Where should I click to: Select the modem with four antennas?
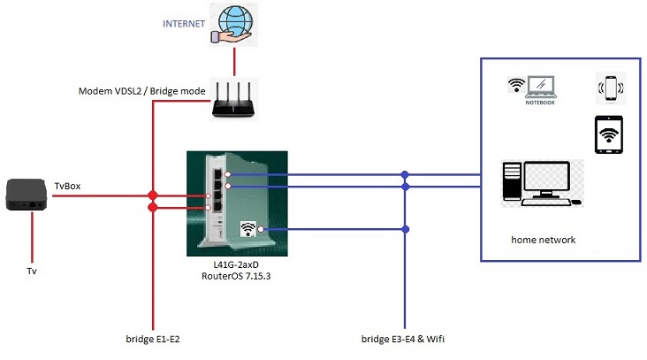click(x=233, y=100)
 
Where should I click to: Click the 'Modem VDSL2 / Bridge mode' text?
click(x=141, y=91)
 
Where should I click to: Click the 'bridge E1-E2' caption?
click(x=153, y=339)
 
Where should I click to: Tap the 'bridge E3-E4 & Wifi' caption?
click(x=406, y=339)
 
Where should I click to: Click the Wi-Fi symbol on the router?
click(x=249, y=230)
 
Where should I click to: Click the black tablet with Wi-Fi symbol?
click(x=608, y=135)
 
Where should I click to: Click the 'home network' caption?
click(x=543, y=240)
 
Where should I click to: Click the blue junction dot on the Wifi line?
click(x=406, y=229)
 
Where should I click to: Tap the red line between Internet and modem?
click(x=233, y=61)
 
